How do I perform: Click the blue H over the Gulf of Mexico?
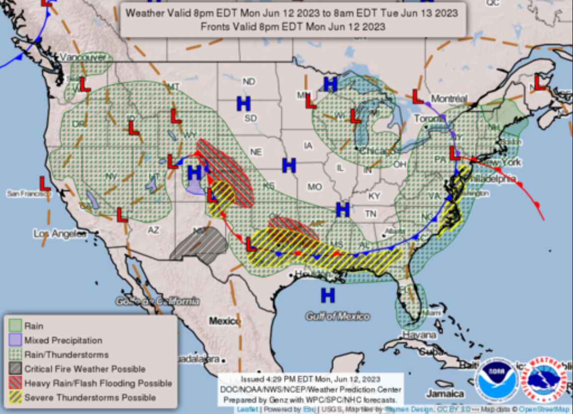pos(327,295)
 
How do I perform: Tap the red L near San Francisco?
pos(45,183)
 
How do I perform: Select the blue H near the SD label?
pos(243,104)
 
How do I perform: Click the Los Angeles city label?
pos(60,233)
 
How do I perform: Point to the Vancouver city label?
pos(83,58)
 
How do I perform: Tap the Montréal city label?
pos(449,99)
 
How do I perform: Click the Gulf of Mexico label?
pos(338,316)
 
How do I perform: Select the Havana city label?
pos(419,334)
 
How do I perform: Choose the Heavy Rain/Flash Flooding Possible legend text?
pos(98,383)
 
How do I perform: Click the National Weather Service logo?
pos(544,380)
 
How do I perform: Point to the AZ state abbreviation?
pos(153,230)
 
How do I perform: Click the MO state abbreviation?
pos(314,187)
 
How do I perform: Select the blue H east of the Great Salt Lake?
pos(194,173)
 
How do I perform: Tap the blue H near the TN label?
pos(342,210)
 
